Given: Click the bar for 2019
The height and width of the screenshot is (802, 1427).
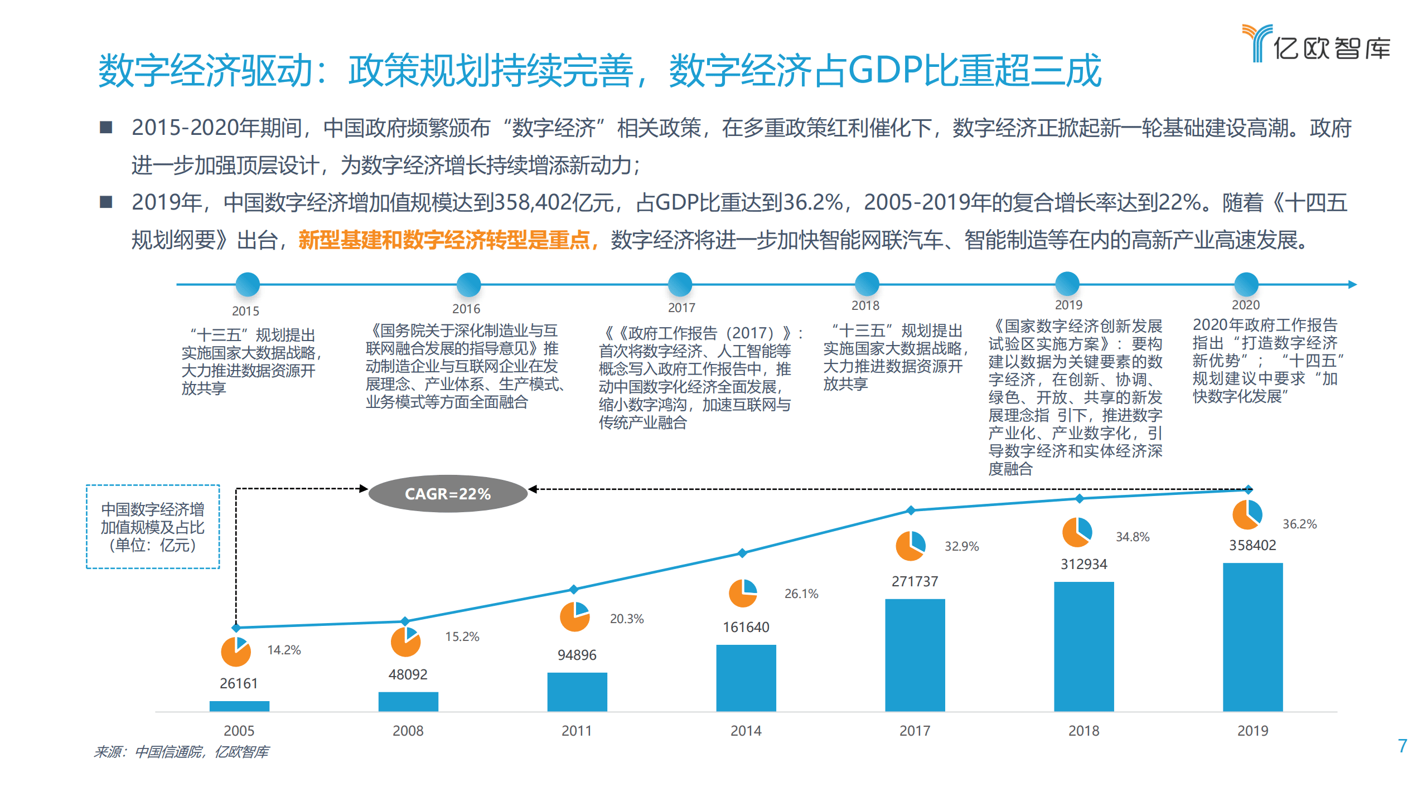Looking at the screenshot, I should click(x=1252, y=636).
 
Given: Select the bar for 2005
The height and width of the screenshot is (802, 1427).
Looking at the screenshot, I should click(x=239, y=706).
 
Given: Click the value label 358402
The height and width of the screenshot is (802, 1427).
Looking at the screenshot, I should click(x=1252, y=545).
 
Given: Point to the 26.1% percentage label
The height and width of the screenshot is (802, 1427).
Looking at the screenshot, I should click(x=801, y=594).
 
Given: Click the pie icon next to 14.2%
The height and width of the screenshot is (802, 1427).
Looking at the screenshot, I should click(x=236, y=652).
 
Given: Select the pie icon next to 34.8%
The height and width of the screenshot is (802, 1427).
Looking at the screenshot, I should click(x=1077, y=532).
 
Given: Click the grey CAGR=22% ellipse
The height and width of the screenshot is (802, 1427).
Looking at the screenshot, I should click(x=448, y=493).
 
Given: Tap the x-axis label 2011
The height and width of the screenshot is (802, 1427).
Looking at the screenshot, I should click(x=577, y=730).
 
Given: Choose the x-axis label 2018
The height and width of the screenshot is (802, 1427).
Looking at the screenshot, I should click(x=1083, y=730).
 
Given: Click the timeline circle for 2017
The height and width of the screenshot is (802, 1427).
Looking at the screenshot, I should click(x=680, y=284).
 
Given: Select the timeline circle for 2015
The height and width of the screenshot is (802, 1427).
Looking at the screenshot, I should click(x=248, y=284).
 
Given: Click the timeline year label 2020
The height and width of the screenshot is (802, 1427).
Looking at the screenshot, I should click(x=1245, y=305).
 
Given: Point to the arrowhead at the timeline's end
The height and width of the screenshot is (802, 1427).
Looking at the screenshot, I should click(x=1352, y=284).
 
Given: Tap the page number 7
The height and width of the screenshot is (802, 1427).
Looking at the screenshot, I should click(x=1402, y=746).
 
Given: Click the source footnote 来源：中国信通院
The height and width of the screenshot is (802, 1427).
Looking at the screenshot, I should click(x=181, y=752).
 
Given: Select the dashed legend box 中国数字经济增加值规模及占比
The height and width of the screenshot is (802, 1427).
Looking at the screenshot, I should click(x=153, y=527).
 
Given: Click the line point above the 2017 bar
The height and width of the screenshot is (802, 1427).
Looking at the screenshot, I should click(x=911, y=510).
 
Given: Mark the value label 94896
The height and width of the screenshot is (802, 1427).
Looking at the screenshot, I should click(x=577, y=655).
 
